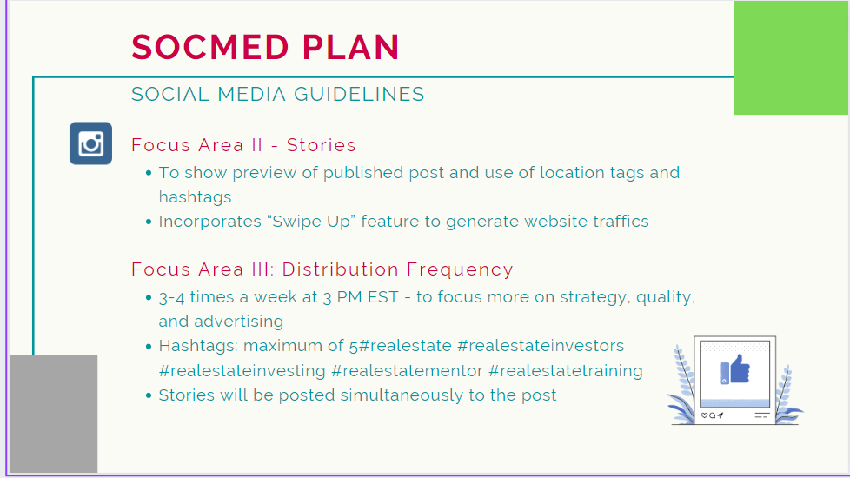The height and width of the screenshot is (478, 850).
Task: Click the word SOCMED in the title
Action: tap(209, 47)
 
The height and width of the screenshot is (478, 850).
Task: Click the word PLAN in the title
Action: tap(351, 47)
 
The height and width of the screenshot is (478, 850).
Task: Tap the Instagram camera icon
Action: tap(90, 143)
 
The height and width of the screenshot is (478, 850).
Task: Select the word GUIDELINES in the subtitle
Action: tap(360, 95)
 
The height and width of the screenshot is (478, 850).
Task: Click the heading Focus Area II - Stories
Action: tap(243, 145)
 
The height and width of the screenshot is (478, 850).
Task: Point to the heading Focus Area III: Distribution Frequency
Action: tap(322, 269)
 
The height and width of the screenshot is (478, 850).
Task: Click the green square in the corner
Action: tap(791, 57)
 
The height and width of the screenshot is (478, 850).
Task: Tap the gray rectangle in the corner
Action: tap(54, 414)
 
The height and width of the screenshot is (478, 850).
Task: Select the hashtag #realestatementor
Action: tap(407, 371)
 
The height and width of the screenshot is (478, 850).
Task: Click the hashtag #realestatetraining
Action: tap(566, 371)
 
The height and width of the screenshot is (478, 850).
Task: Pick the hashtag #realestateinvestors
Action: tap(541, 346)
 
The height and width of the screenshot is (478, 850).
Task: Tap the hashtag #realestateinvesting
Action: tap(242, 371)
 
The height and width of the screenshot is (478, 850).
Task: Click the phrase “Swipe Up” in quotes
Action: tap(312, 222)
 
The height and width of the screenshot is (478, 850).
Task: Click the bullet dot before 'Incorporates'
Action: tap(149, 222)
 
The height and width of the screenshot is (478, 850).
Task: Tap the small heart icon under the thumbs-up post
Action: tap(704, 415)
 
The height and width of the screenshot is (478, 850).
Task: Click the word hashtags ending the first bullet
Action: tap(196, 196)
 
